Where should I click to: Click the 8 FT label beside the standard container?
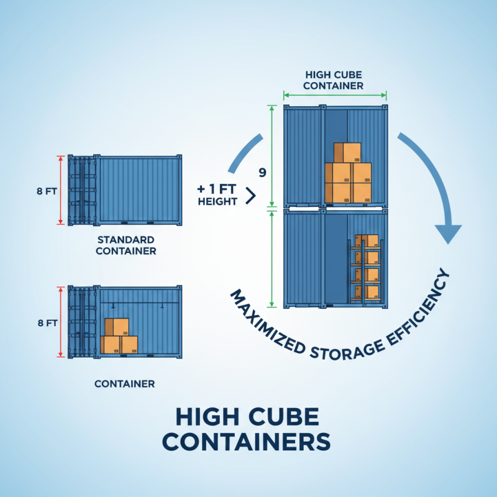click(x=46, y=191)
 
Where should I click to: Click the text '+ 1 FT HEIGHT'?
click(x=217, y=195)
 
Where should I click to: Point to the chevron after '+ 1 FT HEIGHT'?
click(x=251, y=196)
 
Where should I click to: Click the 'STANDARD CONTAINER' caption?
click(x=127, y=245)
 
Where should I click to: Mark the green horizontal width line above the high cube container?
click(x=335, y=95)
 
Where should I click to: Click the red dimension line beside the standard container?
click(x=61, y=190)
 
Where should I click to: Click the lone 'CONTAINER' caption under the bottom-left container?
click(x=124, y=384)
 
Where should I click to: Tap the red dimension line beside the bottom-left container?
click(x=61, y=322)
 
